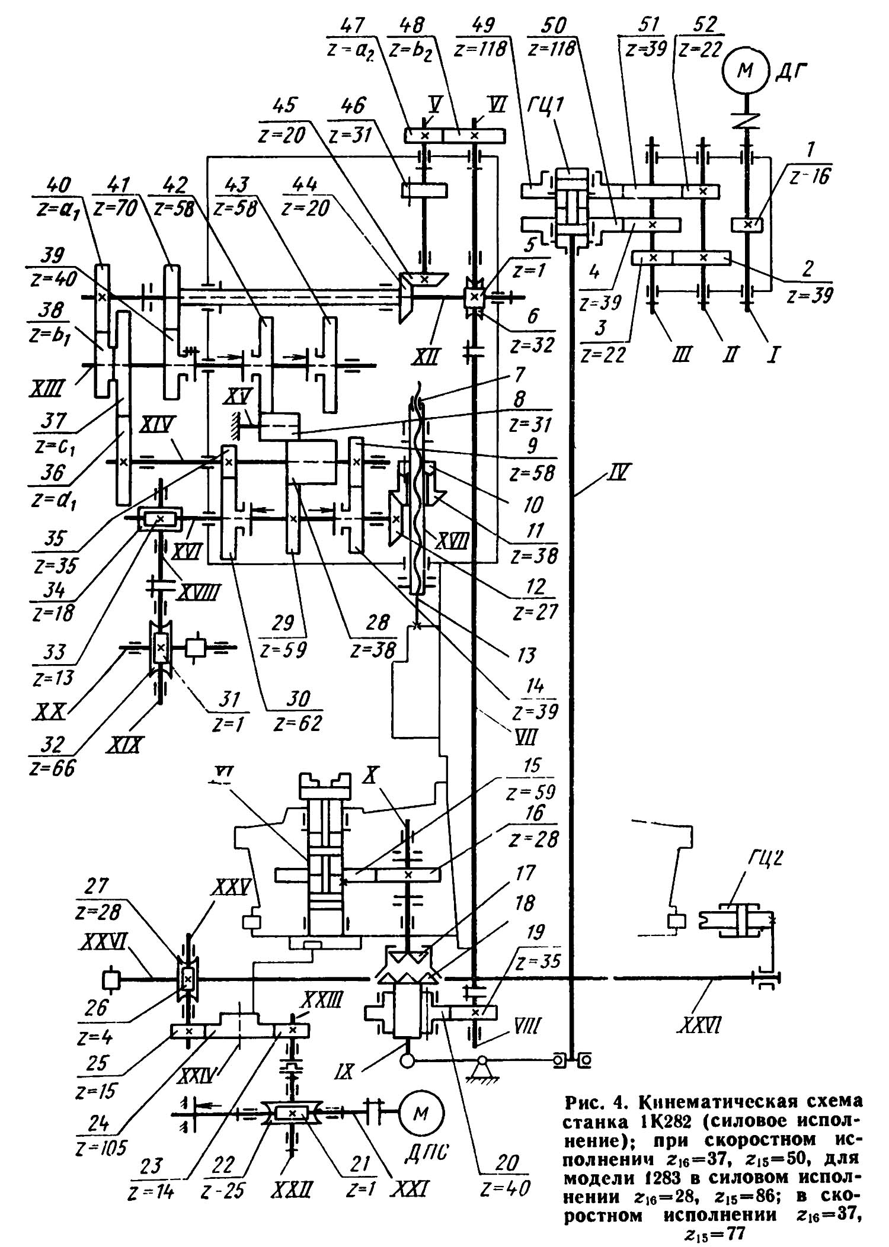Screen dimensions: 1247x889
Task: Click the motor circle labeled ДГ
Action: (744, 70)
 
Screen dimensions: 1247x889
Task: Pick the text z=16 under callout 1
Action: (810, 177)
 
